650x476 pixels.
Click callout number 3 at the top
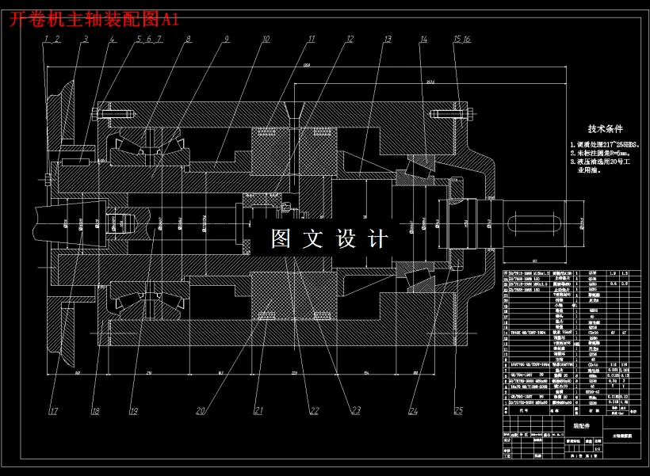(86, 39)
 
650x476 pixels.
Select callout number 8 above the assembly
(188, 39)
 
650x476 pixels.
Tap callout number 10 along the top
(266, 39)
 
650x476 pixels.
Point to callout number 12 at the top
(349, 39)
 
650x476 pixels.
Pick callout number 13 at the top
(388, 39)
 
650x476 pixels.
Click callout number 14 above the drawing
(424, 39)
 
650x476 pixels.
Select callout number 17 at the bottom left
(53, 411)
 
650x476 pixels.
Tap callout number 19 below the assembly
(133, 411)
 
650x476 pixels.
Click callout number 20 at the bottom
(201, 411)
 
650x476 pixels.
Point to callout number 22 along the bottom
(314, 411)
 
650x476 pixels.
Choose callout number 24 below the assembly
(414, 411)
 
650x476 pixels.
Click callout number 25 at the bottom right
(458, 411)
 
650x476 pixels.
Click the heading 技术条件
(605, 128)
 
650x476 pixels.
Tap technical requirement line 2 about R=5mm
(603, 156)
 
